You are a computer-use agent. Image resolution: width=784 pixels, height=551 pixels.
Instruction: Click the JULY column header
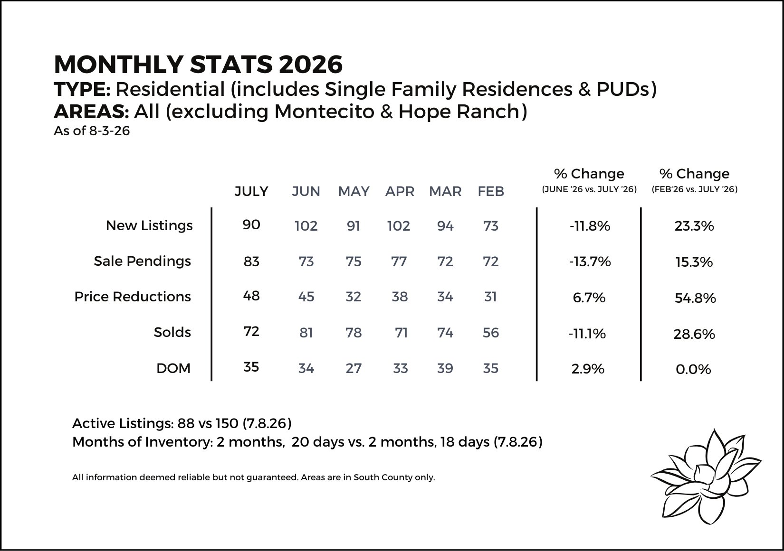pyautogui.click(x=251, y=191)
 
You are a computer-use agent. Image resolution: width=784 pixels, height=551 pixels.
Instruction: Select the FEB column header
pyautogui.click(x=491, y=191)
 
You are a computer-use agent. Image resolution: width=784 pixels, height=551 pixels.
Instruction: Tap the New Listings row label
pyautogui.click(x=149, y=225)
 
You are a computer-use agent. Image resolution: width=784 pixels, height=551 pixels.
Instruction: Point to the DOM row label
pyautogui.click(x=173, y=368)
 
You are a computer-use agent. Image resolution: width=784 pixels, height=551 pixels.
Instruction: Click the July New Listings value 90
pyautogui.click(x=251, y=224)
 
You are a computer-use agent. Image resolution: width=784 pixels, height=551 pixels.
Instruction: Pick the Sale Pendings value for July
pyautogui.click(x=251, y=261)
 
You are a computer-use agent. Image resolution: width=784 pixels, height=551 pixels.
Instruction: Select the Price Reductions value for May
pyautogui.click(x=353, y=297)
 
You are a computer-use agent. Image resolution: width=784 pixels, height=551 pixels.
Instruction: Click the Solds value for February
pyautogui.click(x=491, y=333)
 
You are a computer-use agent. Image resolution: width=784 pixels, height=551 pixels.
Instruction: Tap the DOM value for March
pyautogui.click(x=445, y=368)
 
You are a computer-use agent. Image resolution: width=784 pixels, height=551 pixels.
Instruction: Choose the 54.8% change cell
pyautogui.click(x=695, y=298)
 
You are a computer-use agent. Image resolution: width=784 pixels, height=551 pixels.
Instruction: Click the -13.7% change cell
pyautogui.click(x=590, y=261)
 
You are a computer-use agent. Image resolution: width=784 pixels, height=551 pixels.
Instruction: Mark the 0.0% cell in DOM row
pyautogui.click(x=693, y=369)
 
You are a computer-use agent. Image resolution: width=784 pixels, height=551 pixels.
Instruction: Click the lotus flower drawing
pyautogui.click(x=705, y=477)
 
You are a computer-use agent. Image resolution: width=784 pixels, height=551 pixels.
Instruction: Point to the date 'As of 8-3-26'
pyautogui.click(x=92, y=131)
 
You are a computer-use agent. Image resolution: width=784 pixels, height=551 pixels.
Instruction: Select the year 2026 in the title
pyautogui.click(x=311, y=65)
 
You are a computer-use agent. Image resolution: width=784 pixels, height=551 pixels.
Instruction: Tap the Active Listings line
pyautogui.click(x=182, y=423)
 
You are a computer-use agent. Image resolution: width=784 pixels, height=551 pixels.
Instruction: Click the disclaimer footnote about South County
pyautogui.click(x=253, y=477)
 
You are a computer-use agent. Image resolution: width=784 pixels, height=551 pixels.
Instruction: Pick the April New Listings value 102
pyautogui.click(x=398, y=226)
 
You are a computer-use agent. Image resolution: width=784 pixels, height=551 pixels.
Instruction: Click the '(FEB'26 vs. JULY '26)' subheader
pyautogui.click(x=694, y=189)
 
